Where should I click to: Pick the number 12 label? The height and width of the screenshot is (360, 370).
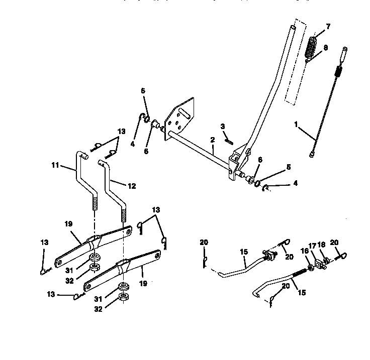point(131,186)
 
